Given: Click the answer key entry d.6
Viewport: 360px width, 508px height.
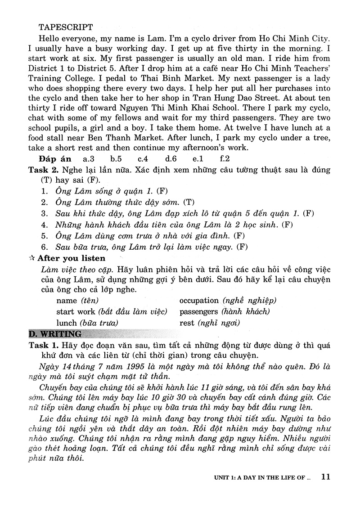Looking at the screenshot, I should tap(171, 159).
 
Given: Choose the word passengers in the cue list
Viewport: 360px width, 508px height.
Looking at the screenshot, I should tap(198, 311).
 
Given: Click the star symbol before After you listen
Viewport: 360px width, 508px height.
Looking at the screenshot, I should tap(31, 258).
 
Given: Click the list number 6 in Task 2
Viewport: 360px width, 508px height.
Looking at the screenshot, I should tap(44, 247).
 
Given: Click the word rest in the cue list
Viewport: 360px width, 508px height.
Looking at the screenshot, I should tap(187, 323).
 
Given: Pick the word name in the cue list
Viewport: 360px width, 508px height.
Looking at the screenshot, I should tap(67, 300).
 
